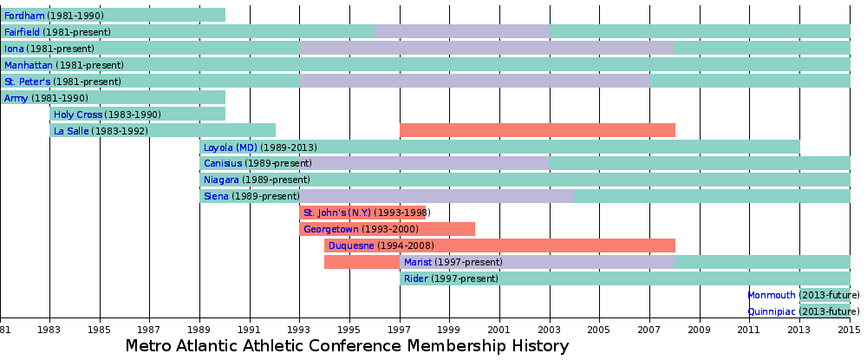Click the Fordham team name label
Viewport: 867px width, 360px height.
point(24,16)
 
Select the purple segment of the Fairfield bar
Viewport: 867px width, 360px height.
point(460,31)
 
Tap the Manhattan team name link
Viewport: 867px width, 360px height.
point(28,65)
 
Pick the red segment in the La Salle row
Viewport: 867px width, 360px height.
point(537,130)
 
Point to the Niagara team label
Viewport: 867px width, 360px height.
point(221,180)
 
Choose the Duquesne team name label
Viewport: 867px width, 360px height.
point(351,245)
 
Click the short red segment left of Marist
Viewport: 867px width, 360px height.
point(362,262)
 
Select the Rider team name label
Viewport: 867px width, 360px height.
point(415,278)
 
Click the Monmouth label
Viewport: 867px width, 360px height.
point(771,295)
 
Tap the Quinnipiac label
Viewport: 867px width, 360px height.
point(771,311)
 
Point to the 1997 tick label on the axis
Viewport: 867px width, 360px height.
point(400,331)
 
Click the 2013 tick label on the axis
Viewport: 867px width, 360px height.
point(799,331)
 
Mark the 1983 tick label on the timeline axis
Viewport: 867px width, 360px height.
point(49,331)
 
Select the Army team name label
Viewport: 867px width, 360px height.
point(16,98)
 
